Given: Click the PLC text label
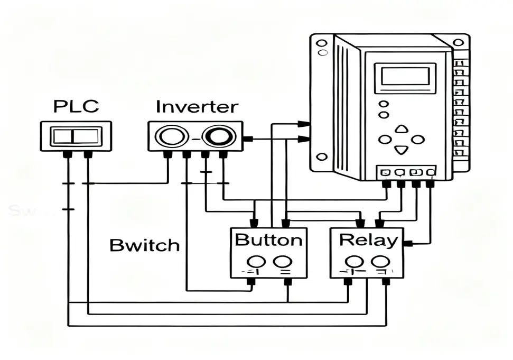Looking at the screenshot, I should point(76,106).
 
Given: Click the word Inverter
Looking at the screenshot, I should point(197,106).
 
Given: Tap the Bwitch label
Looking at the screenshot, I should point(144,245).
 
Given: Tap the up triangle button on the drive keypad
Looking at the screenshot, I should point(402,128).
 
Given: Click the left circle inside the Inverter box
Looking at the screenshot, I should point(171,137).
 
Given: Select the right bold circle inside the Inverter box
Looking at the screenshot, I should point(218,137).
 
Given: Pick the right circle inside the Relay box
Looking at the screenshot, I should point(379,261).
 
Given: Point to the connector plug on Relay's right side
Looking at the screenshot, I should point(408,244).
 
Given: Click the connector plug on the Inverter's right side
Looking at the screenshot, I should point(247,139).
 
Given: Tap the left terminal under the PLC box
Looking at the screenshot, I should point(68,154).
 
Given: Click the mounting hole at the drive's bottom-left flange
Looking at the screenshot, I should point(320,157).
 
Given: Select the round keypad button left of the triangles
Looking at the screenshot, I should point(385,140).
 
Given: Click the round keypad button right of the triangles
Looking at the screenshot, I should point(418,140).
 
